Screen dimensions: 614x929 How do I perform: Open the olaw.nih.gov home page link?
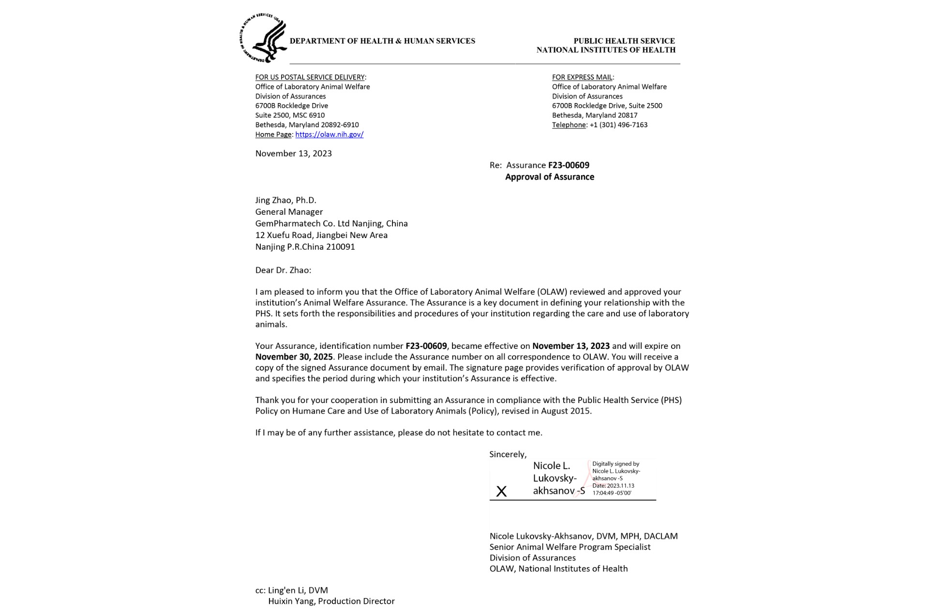(329, 135)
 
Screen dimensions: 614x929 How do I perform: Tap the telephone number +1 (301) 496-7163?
(618, 125)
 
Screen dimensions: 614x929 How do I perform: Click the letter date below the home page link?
(294, 153)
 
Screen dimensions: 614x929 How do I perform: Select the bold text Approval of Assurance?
(550, 177)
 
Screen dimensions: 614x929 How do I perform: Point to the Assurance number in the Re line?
(569, 165)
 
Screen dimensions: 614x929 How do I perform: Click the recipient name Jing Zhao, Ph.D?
(285, 200)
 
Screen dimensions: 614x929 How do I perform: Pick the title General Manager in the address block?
(289, 212)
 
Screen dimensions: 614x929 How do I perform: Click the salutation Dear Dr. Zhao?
(283, 270)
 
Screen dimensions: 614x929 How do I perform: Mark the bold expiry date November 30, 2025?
(294, 357)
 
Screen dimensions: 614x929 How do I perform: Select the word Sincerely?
(508, 454)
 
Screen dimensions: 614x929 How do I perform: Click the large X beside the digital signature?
(502, 492)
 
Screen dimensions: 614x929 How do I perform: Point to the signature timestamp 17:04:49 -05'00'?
(612, 493)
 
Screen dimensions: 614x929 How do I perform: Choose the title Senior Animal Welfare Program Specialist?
(570, 547)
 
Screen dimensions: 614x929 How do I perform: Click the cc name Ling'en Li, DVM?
(298, 590)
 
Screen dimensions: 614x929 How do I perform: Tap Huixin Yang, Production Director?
(331, 601)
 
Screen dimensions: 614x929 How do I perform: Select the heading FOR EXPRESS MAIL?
(582, 77)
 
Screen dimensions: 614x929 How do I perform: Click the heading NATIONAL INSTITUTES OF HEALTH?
(606, 50)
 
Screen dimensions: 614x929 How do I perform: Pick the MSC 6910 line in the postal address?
(290, 116)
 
